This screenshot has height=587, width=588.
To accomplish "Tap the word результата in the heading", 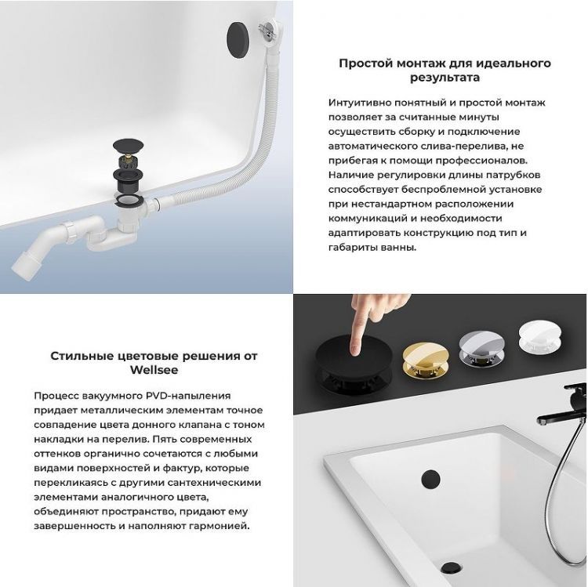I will [445, 78].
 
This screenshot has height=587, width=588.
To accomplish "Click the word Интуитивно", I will [361, 103].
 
